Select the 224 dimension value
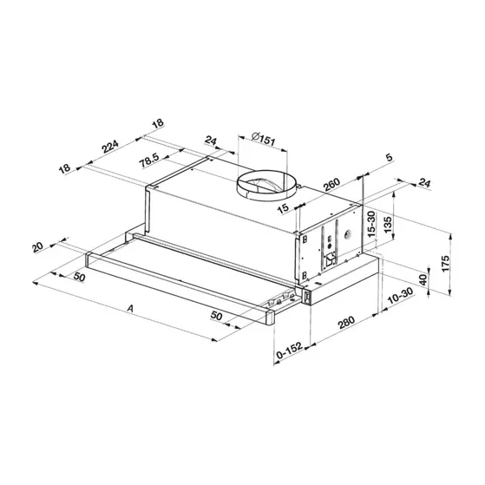coord(110,147)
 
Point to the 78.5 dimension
coord(148,159)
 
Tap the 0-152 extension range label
coord(289,351)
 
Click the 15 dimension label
coord(284,209)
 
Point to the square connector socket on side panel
coord(330,260)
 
